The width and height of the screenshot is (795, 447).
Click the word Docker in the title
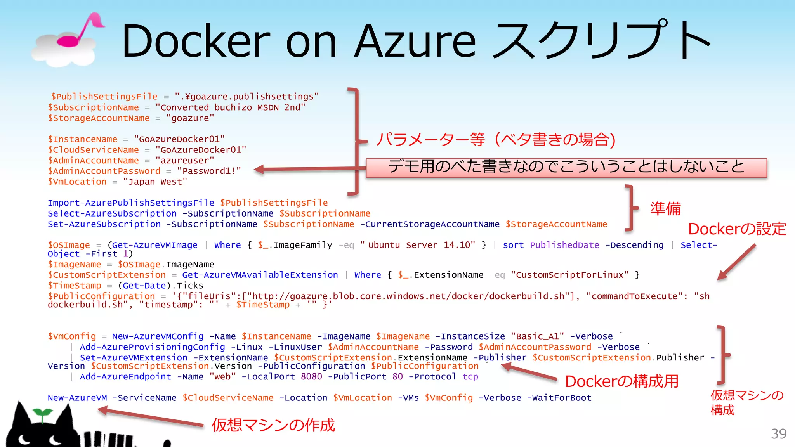coord(196,41)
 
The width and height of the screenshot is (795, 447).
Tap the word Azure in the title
coord(415,41)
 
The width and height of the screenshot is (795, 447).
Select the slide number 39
coord(778,433)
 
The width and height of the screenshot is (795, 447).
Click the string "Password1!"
coord(209,171)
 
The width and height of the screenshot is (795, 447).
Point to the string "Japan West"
coord(155,182)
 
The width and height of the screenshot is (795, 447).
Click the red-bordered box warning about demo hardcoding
coord(566,168)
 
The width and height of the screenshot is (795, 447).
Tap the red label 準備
coord(665,209)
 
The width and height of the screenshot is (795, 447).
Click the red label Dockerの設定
coord(737,229)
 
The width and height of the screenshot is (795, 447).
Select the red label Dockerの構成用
coord(621,381)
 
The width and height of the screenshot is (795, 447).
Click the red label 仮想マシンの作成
coord(273,425)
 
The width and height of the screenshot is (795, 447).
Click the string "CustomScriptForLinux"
coord(569,275)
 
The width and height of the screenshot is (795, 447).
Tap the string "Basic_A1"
coord(537,336)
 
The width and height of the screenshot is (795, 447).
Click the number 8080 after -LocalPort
coord(311,377)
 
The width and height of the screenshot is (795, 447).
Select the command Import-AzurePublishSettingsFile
coord(131,203)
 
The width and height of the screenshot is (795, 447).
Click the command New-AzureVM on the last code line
coord(77,398)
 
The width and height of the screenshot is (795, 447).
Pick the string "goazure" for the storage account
coord(190,118)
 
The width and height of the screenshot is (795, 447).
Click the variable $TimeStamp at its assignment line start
coord(75,286)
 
